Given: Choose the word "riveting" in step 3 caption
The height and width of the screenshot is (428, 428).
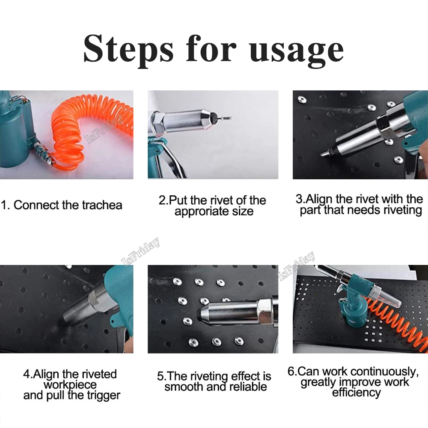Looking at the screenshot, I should [401, 210].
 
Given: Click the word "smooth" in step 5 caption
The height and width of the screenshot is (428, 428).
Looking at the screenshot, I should [182, 387].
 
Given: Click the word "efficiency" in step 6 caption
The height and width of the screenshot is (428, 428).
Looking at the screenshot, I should [357, 392].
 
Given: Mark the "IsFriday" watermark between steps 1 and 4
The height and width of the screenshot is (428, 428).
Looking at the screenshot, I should [141, 252].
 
